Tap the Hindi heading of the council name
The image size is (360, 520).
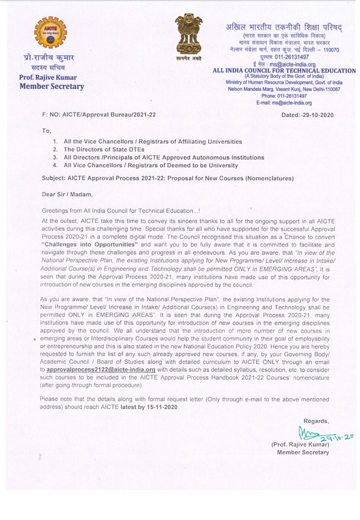(283, 27)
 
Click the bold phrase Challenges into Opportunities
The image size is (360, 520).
(89, 245)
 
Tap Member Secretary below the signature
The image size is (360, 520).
(303, 452)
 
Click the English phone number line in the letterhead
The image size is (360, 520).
(283, 95)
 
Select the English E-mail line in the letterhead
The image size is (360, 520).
(283, 102)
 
